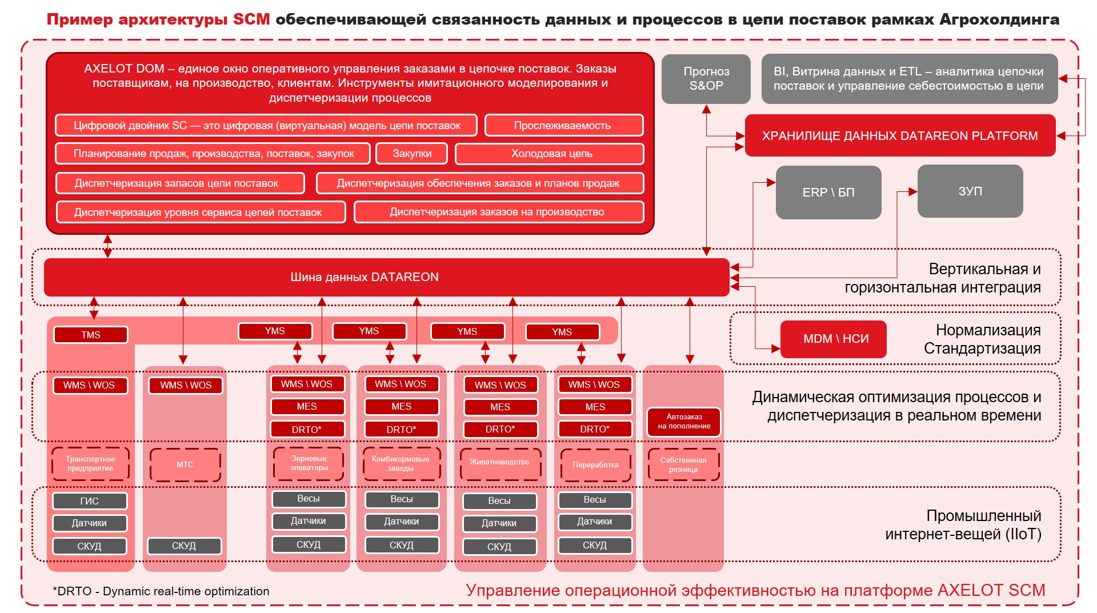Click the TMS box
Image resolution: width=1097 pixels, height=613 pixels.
(x=90, y=335)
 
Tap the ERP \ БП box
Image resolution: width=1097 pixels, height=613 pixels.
(x=828, y=193)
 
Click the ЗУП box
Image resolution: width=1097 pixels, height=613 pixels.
(x=970, y=191)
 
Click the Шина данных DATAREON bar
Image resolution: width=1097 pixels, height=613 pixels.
(x=364, y=277)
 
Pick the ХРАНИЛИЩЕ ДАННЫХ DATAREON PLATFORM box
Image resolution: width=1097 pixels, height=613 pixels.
(x=899, y=136)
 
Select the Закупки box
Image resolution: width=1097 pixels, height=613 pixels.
(x=411, y=154)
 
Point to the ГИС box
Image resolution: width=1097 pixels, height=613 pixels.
(x=89, y=501)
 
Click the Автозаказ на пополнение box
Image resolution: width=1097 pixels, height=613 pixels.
(x=683, y=422)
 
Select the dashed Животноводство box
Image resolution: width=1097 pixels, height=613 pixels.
(x=499, y=463)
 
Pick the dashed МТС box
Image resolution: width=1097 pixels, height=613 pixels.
(x=185, y=465)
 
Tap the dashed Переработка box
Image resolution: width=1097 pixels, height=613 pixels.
(x=595, y=465)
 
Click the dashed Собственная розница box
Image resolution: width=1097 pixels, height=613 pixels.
(x=683, y=465)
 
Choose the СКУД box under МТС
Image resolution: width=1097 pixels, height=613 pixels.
(x=184, y=546)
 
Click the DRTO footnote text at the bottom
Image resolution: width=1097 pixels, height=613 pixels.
(x=161, y=591)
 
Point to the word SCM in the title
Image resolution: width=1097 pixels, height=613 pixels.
(x=251, y=19)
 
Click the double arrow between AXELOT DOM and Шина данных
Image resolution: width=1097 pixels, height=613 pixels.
(x=107, y=246)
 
